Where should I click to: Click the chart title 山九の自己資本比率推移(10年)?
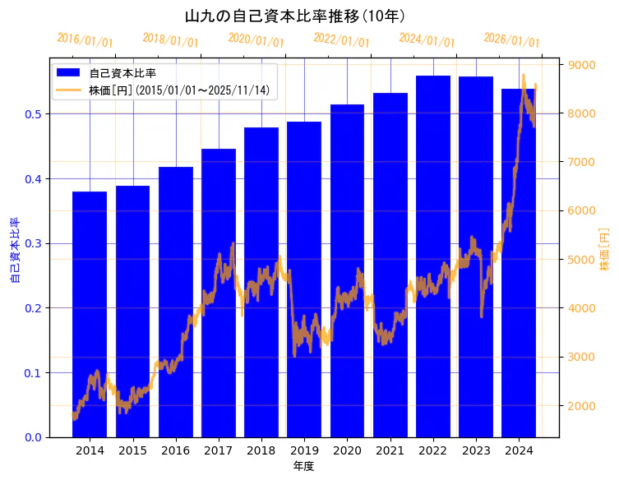(294, 16)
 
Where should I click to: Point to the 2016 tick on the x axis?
(175, 450)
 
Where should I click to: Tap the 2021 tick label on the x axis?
(390, 450)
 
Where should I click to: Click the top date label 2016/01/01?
(85, 40)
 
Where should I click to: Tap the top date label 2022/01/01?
(342, 40)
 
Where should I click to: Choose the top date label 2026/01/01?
(511, 40)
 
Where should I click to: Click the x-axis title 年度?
(303, 467)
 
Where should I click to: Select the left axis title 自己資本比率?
(14, 250)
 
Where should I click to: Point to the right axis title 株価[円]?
(605, 250)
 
